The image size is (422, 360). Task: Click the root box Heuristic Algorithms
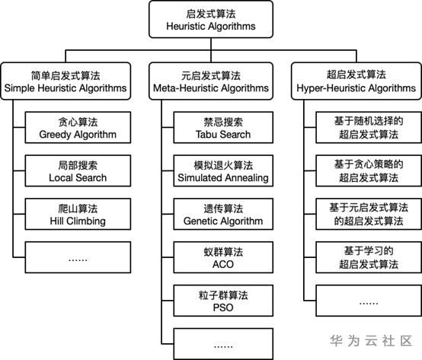coord(211,19)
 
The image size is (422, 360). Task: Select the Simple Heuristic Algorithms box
coord(66,81)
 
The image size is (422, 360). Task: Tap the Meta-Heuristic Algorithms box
coord(211,81)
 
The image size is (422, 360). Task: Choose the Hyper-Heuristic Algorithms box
coord(356,81)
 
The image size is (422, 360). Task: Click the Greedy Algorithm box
coord(78,127)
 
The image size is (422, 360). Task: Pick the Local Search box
coord(78,170)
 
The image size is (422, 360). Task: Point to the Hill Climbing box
coord(78,214)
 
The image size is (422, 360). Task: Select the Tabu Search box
coord(223,127)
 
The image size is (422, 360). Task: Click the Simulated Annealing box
coord(223,170)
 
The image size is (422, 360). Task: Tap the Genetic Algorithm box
coord(223,214)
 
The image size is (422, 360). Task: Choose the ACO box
coord(223,257)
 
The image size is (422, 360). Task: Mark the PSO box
coord(223,301)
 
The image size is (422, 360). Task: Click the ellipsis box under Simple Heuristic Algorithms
coord(78,257)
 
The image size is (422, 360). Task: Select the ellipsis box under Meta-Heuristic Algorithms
coord(223,344)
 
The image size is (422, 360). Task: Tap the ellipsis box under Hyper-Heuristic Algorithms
coord(369,301)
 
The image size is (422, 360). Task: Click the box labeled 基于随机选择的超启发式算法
coord(369,127)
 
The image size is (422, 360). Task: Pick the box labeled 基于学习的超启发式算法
coord(369,257)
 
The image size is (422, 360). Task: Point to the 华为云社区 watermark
coord(372,341)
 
